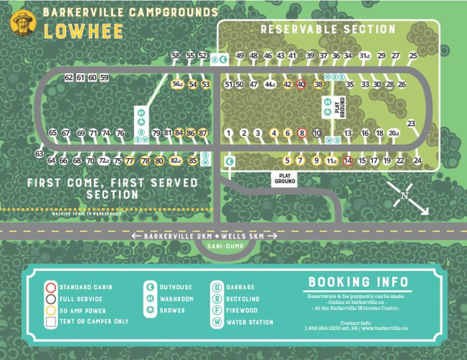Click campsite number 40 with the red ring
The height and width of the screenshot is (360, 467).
[x=301, y=85]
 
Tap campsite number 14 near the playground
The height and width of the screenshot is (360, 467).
[x=347, y=161]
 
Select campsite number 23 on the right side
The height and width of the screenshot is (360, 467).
[x=411, y=123]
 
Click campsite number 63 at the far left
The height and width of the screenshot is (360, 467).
[x=39, y=154]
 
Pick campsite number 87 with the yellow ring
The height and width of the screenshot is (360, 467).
[x=203, y=133]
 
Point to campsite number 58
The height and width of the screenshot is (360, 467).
[x=176, y=56]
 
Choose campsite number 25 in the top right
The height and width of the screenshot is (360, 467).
[x=414, y=56]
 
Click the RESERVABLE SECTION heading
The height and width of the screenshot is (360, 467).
[x=328, y=29]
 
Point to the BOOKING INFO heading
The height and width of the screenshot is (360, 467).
[x=358, y=282]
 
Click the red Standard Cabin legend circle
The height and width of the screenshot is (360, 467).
[x=49, y=287]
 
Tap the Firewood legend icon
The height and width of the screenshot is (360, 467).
[x=216, y=311]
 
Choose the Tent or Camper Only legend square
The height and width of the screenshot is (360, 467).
[x=49, y=322]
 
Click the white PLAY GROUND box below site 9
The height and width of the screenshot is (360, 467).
[x=285, y=178]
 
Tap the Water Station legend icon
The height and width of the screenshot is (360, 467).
[x=216, y=323]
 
